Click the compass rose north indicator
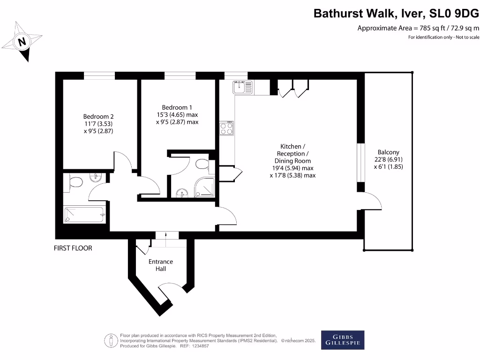[22, 42]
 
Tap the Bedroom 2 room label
[98, 124]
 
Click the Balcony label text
[389, 159]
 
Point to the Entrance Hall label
[161, 265]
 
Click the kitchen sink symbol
[242, 87]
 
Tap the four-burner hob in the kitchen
[227, 128]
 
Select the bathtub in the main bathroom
[85, 215]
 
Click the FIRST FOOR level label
[73, 248]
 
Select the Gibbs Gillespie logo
[342, 340]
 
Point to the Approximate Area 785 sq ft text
[418, 28]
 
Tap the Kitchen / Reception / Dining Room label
[292, 161]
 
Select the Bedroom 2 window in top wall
[99, 75]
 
